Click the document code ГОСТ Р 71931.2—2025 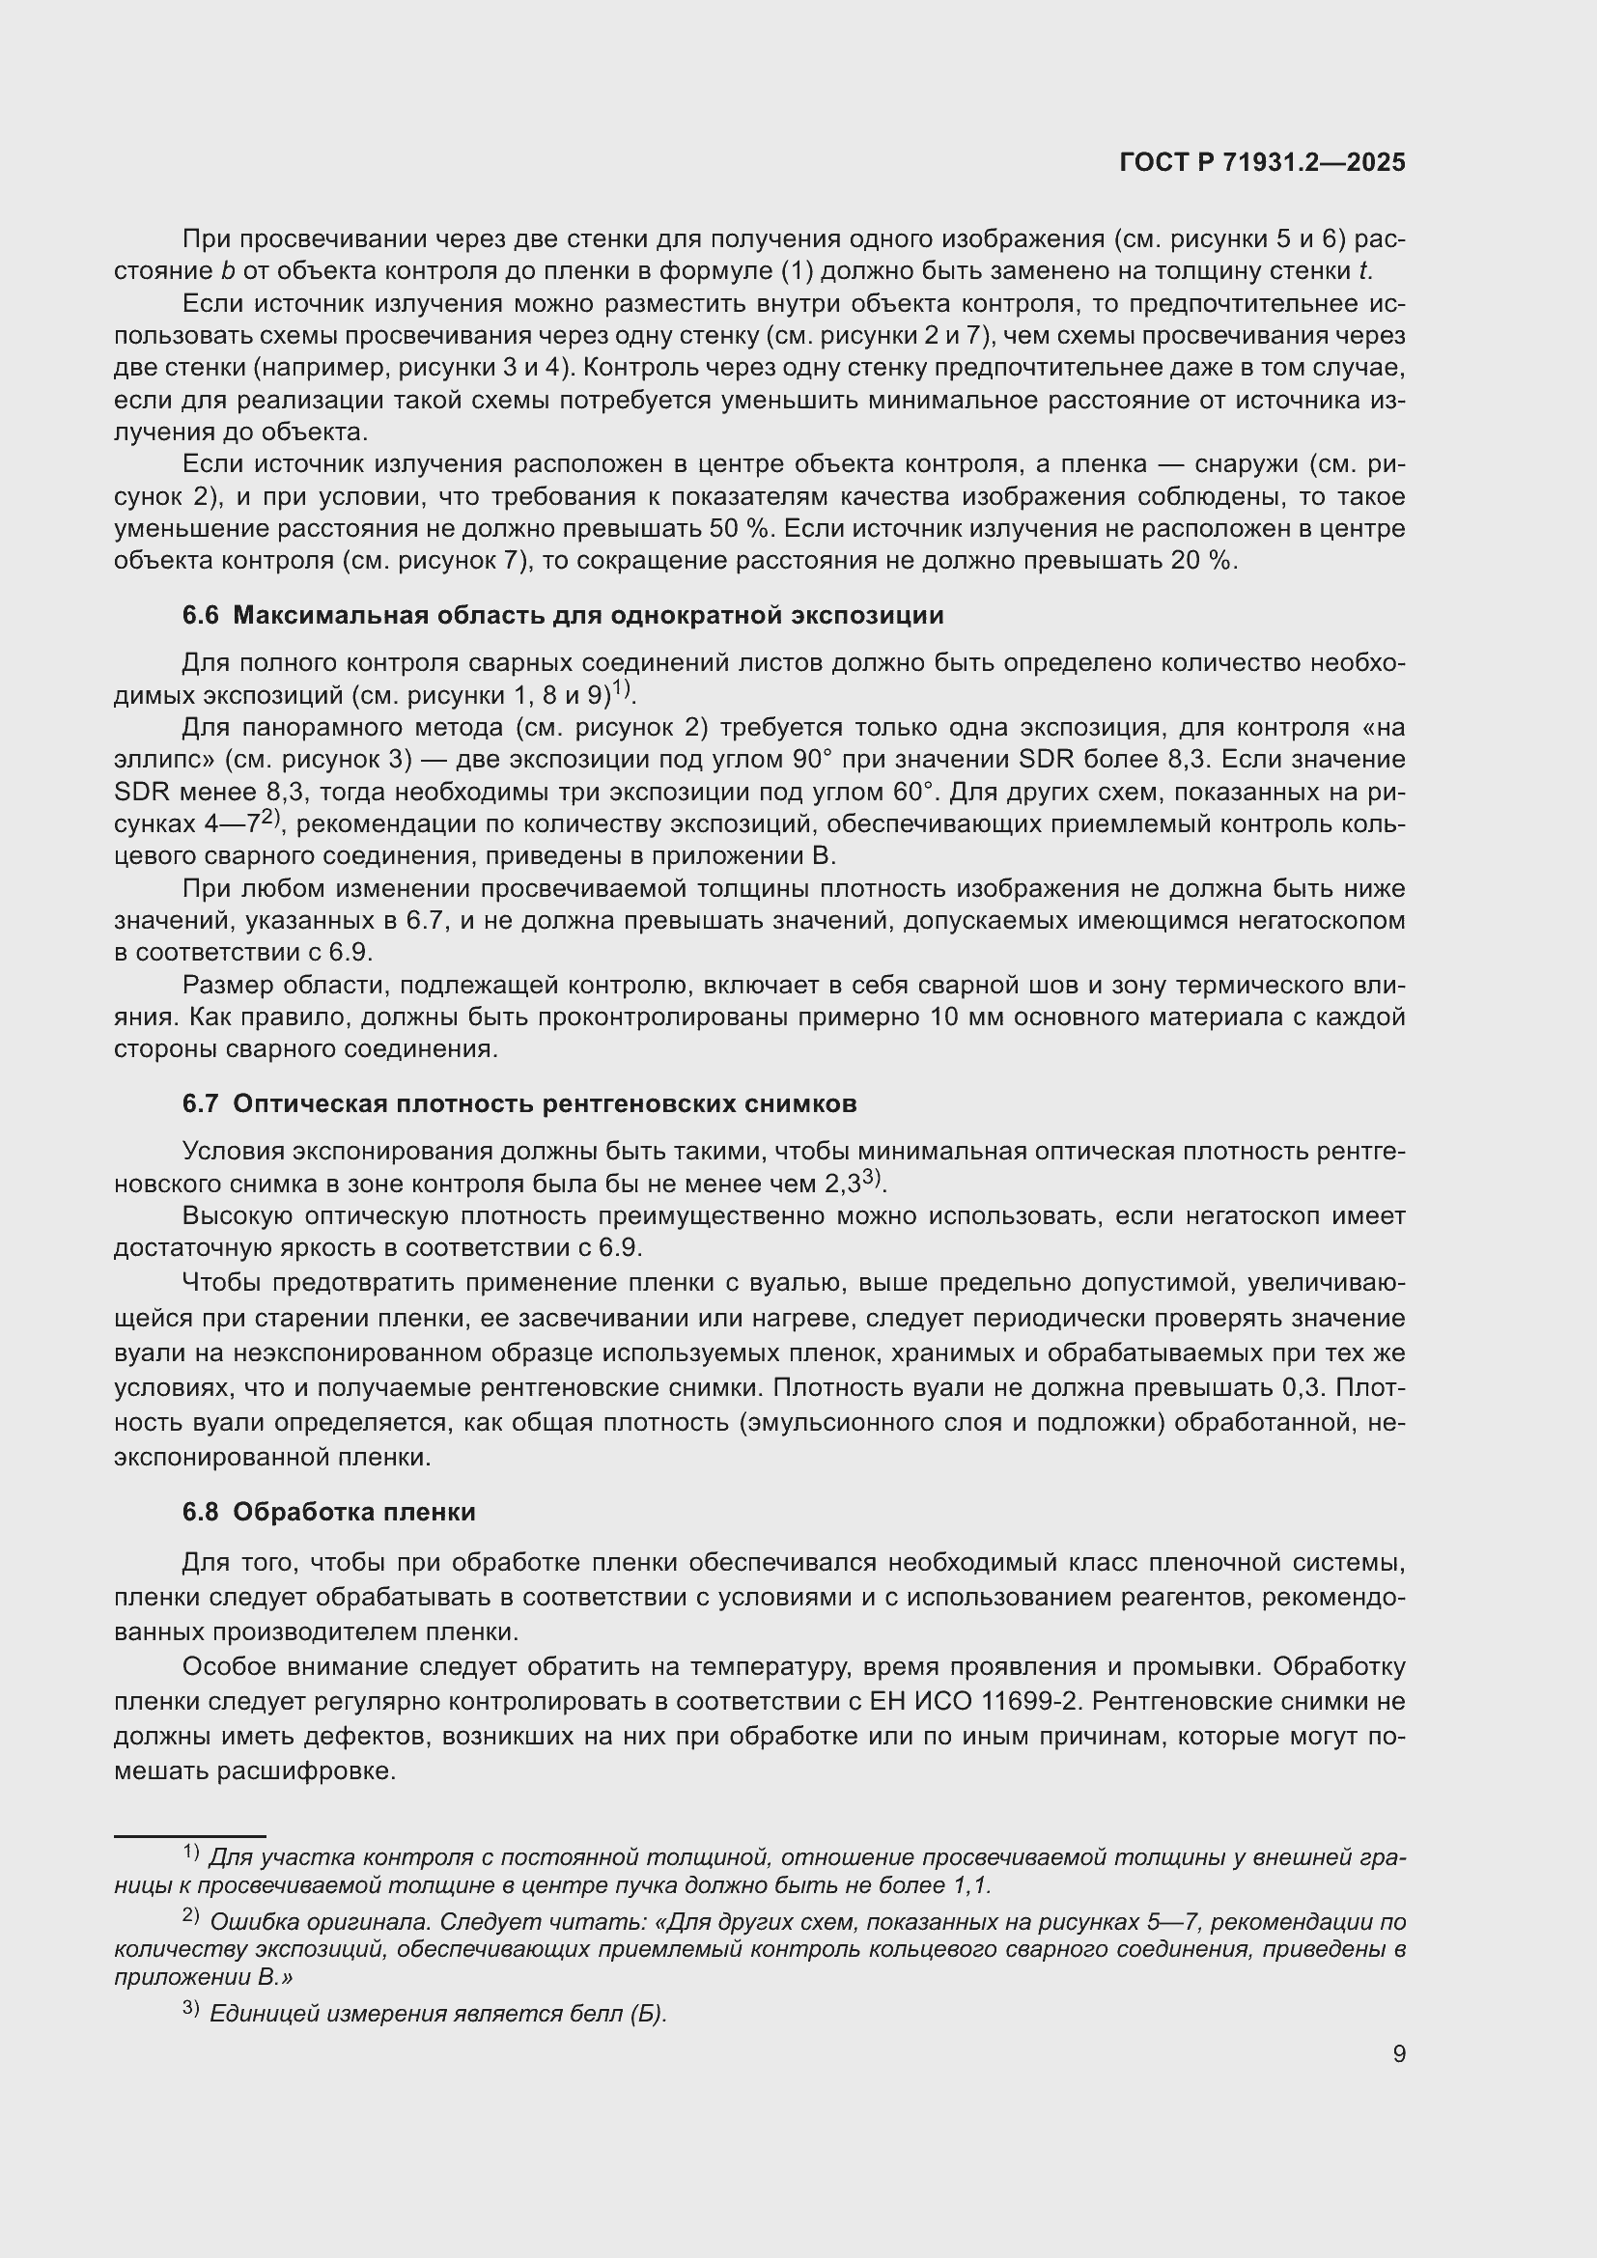click(1262, 163)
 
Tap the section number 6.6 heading click(201, 616)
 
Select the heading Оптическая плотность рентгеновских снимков click(545, 1103)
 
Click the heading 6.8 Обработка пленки click(328, 1512)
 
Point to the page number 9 click(1398, 2053)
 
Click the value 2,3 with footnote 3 click(843, 1185)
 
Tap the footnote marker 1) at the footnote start click(191, 1853)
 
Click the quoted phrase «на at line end click(1381, 728)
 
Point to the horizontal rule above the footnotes click(190, 1835)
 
